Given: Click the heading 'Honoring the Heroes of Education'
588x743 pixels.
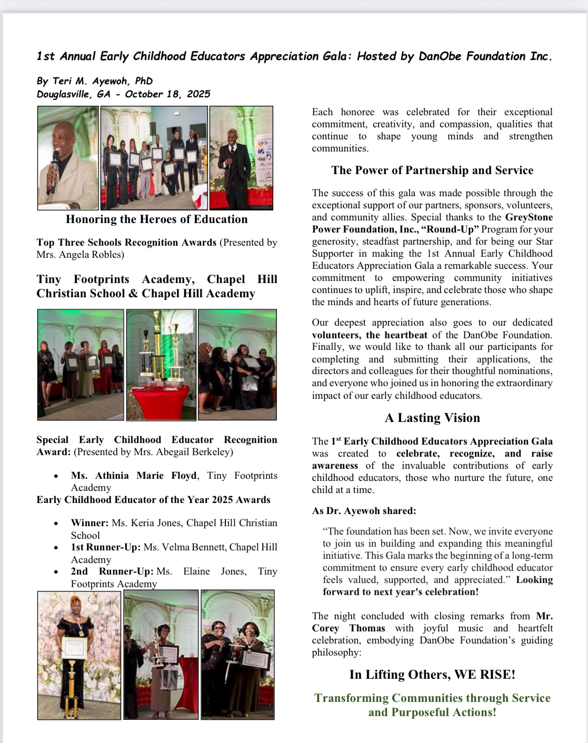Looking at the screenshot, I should tap(156, 219).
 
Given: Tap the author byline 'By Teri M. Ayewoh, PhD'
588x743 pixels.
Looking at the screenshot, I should tap(95, 81).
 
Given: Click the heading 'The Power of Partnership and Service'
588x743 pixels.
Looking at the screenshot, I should tap(432, 170).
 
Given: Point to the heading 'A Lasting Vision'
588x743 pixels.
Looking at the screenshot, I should tap(432, 418).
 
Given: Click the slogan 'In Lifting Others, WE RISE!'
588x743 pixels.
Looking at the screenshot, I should tap(432, 675).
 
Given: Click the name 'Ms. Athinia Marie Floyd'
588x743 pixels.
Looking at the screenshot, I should tap(134, 476).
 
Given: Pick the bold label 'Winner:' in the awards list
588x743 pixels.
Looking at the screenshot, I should tap(89, 523).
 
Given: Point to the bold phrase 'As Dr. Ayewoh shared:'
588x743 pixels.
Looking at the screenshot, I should tap(364, 511).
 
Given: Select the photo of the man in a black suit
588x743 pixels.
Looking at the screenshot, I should tap(241, 158).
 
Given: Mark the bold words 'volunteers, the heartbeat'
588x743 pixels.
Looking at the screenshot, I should tap(370, 335).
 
